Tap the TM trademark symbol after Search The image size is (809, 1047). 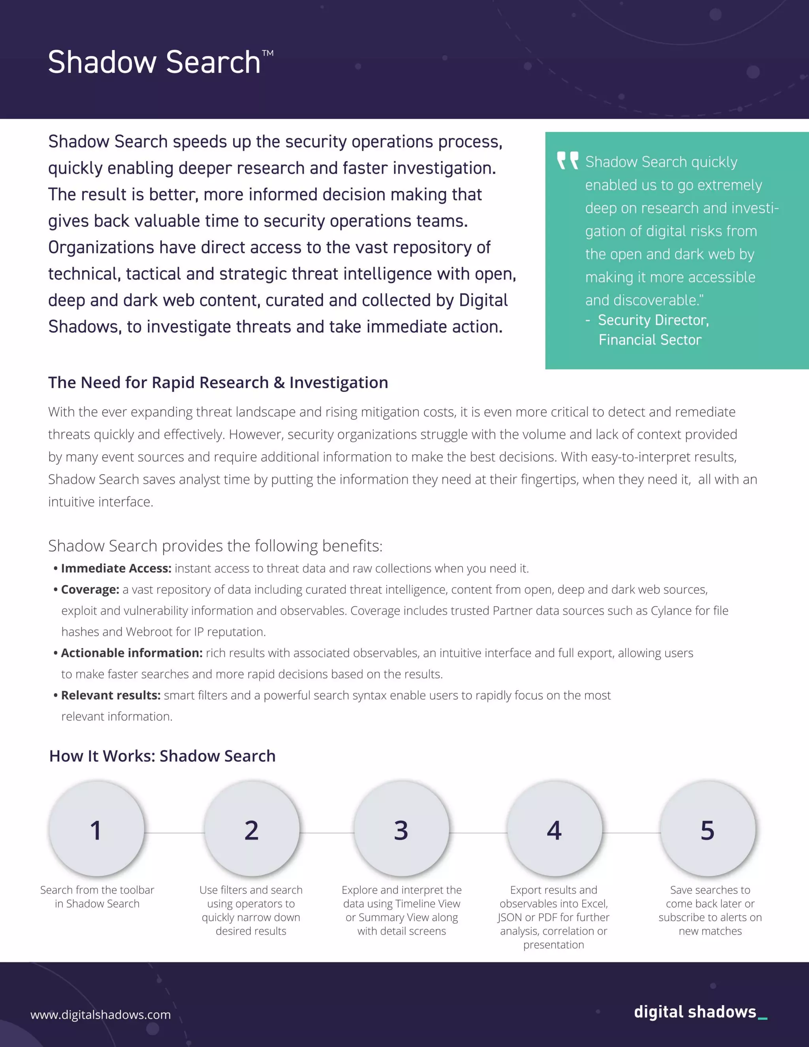[268, 53]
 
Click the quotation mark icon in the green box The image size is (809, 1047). [568, 160]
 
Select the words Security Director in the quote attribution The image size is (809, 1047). [653, 320]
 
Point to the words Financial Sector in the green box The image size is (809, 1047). [649, 340]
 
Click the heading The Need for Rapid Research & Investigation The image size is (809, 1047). [218, 382]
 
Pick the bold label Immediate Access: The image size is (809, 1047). [116, 569]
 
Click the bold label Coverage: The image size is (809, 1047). [90, 589]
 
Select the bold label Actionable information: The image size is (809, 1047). [132, 653]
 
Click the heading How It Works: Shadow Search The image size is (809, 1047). [162, 756]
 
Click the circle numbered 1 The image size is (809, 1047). [96, 829]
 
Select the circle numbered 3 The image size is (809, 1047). [402, 829]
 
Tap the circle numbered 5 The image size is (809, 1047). [708, 829]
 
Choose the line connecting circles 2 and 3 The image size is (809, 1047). [327, 833]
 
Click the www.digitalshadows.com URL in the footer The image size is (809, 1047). [101, 1015]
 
